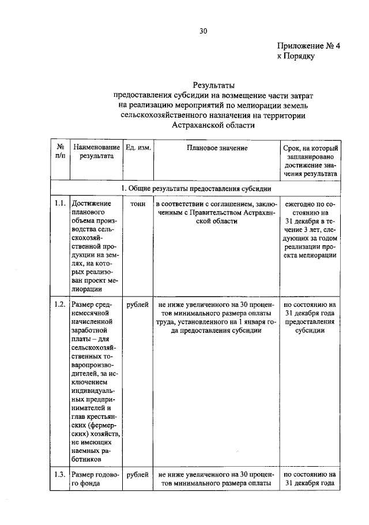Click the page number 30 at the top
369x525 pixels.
(x=203, y=31)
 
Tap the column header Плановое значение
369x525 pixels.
(x=217, y=148)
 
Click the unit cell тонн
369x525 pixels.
(x=138, y=204)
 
